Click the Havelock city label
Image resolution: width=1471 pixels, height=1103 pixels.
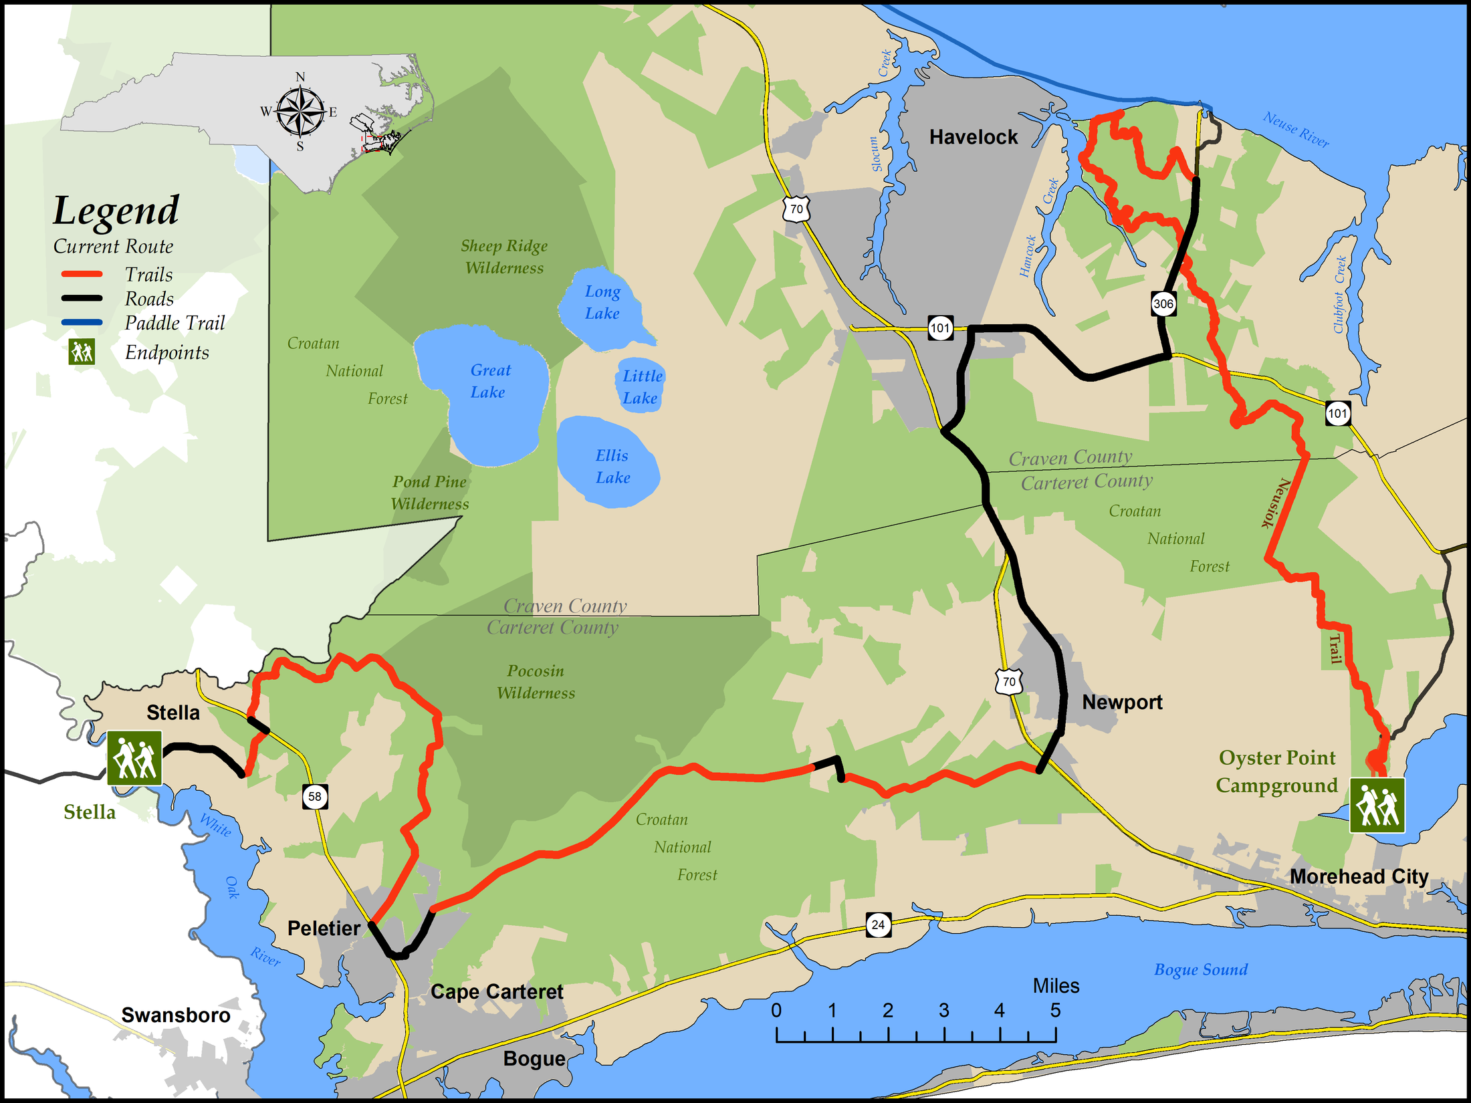pyautogui.click(x=974, y=137)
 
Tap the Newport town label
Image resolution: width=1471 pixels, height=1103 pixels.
pyautogui.click(x=1122, y=702)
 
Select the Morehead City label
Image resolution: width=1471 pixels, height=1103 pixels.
pyautogui.click(x=1359, y=876)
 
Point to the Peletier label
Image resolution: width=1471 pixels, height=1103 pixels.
pyautogui.click(x=324, y=928)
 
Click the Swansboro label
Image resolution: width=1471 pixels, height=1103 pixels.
pyautogui.click(x=176, y=1015)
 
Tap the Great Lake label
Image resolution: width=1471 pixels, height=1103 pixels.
pyautogui.click(x=489, y=381)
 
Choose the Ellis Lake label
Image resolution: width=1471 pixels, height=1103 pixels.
pyautogui.click(x=612, y=467)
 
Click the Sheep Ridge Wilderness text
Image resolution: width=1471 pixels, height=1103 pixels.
pyautogui.click(x=504, y=257)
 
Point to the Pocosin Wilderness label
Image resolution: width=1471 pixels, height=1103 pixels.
pyautogui.click(x=536, y=682)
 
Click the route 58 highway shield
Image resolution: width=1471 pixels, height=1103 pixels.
pyautogui.click(x=315, y=796)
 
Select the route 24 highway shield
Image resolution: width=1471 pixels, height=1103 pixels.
pyautogui.click(x=878, y=925)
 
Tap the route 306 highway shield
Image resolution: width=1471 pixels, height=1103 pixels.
pyautogui.click(x=1163, y=303)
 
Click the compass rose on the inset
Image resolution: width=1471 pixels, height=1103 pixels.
pyautogui.click(x=300, y=111)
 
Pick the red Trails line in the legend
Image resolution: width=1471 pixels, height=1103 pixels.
pyautogui.click(x=82, y=274)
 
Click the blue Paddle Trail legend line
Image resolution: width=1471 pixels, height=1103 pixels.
pyautogui.click(x=82, y=322)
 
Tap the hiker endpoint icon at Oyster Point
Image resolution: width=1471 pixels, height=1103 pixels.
pyautogui.click(x=1377, y=806)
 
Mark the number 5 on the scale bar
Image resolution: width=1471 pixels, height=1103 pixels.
pyautogui.click(x=1055, y=1010)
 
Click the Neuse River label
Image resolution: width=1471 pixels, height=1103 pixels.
pyautogui.click(x=1296, y=129)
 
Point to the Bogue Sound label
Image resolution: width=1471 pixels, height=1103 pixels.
pyautogui.click(x=1201, y=969)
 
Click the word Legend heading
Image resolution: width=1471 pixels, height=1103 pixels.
pyautogui.click(x=116, y=211)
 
